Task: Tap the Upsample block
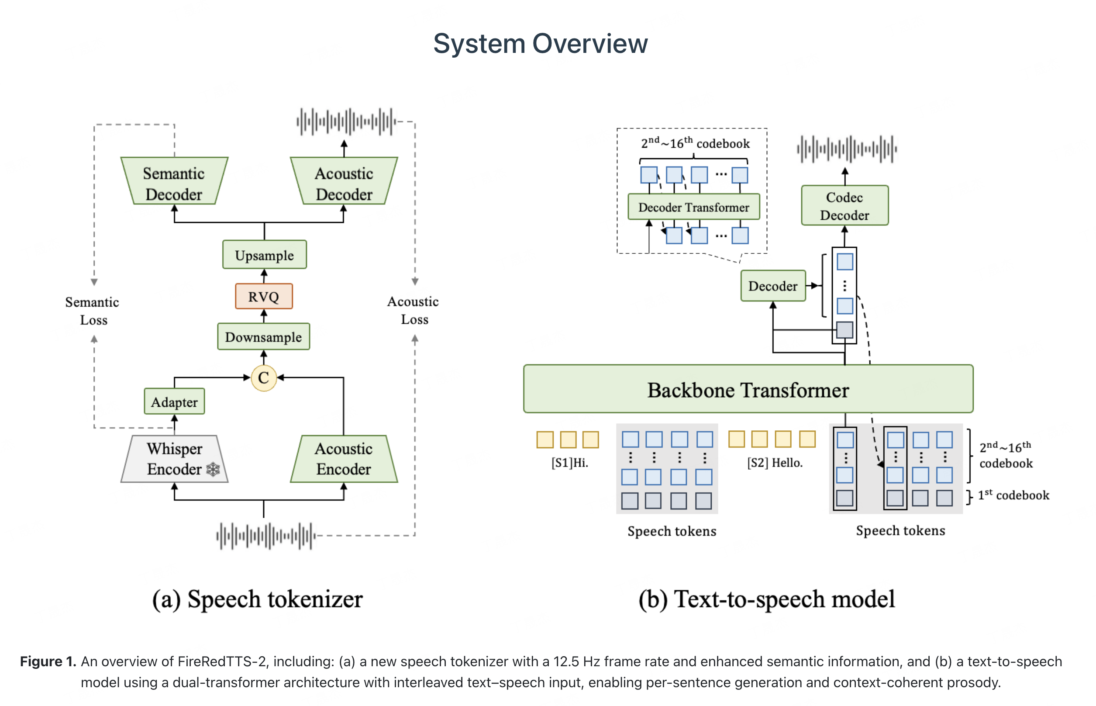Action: (264, 255)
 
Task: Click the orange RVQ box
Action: (264, 297)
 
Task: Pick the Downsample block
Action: (263, 337)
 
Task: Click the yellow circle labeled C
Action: (264, 378)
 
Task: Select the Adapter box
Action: (174, 401)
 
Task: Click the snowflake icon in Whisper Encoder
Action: (213, 469)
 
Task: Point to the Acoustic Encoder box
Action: (344, 458)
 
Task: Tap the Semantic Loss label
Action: (93, 311)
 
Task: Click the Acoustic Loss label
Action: (414, 310)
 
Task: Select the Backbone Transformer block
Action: (748, 390)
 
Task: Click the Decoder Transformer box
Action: (693, 207)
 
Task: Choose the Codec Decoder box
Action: (844, 206)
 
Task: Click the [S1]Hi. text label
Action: (569, 463)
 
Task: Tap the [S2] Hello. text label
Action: (775, 463)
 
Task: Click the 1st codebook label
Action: (1013, 495)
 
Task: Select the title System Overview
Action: (541, 44)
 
